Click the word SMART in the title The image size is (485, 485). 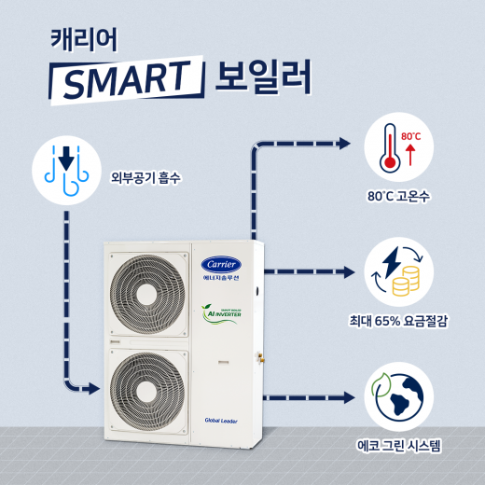pos(127,79)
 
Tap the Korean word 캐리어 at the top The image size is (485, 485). pos(84,40)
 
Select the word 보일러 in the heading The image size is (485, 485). pos(263,77)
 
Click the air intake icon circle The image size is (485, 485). pos(66,170)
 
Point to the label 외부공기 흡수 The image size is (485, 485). pos(145,178)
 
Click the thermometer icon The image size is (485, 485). pos(390,148)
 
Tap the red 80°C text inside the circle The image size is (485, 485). pos(410,136)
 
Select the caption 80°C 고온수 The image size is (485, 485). pos(398,196)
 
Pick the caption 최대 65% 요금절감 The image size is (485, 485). pos(398,321)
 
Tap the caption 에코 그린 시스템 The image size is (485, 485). pos(398,446)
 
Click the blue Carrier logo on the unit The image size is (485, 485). pos(221,265)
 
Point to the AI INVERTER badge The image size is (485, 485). pos(221,313)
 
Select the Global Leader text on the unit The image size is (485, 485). pos(221,421)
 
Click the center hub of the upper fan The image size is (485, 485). pos(148,294)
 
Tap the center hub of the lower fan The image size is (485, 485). pos(147,391)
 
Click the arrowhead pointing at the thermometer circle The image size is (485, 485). pos(344,144)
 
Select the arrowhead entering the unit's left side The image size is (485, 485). pos(94,388)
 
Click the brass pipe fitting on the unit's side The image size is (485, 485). pos(260,356)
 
